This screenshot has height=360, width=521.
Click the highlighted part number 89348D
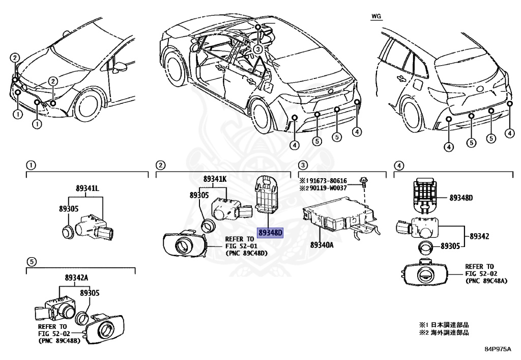coord(270,233)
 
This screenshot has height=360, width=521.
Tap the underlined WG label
coord(375,16)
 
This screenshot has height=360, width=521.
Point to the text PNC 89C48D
coord(246,253)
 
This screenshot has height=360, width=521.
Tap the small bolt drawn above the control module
coord(363,181)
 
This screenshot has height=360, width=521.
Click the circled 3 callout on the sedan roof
coord(258,49)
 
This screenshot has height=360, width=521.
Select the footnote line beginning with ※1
coord(443,324)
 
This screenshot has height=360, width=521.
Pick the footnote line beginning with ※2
coord(443,333)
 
